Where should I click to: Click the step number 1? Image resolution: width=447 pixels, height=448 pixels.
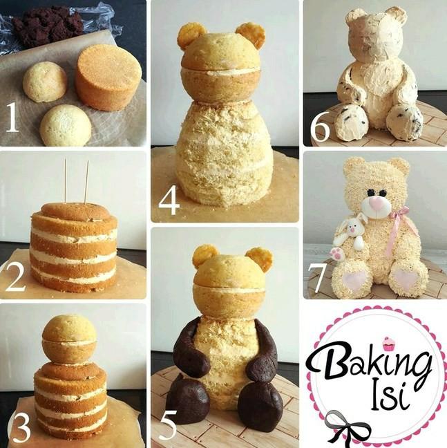(x=12, y=117)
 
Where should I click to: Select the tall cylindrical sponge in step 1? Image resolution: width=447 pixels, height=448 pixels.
(x=108, y=77)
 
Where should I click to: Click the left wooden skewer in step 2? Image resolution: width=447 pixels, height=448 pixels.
(x=66, y=180)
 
